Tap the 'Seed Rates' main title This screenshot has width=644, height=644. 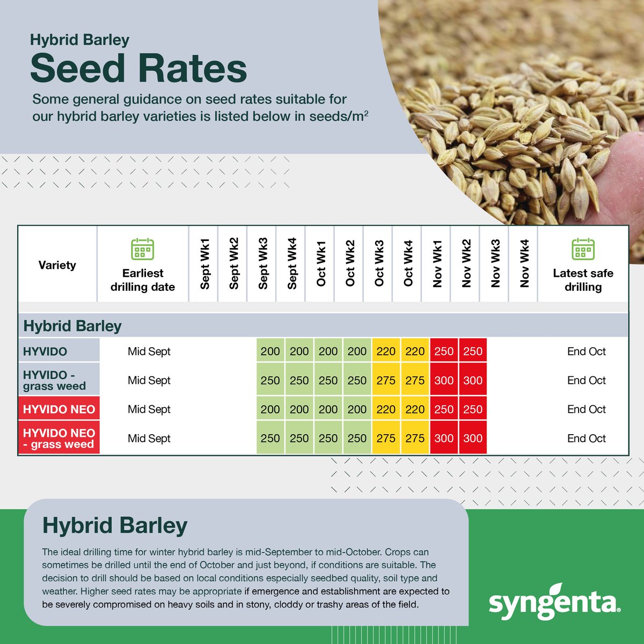coord(138,69)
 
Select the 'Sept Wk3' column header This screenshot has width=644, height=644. coord(263,264)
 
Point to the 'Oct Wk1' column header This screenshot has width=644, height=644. coord(321,264)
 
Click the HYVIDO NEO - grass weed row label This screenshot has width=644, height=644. coord(59,438)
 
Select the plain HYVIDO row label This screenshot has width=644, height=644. coord(45,352)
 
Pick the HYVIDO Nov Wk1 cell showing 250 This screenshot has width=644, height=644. coord(444,352)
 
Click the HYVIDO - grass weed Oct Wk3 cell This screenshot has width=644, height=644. coord(386,380)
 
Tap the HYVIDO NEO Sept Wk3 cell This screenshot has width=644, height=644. coord(270,409)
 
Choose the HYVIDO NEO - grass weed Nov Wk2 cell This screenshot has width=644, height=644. coord(473,438)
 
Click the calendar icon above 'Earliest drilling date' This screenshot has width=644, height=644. coord(143,250)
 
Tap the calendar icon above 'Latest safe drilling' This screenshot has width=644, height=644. coord(583,250)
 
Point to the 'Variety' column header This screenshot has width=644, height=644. coord(57,265)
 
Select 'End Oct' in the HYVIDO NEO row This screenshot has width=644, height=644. coord(586,409)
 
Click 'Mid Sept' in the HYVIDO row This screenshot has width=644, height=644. coord(149,352)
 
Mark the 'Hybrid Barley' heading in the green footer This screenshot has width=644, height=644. coord(115,525)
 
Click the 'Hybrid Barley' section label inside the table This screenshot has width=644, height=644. coord(72,326)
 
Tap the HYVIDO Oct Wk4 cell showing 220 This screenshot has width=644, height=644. coord(415,352)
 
